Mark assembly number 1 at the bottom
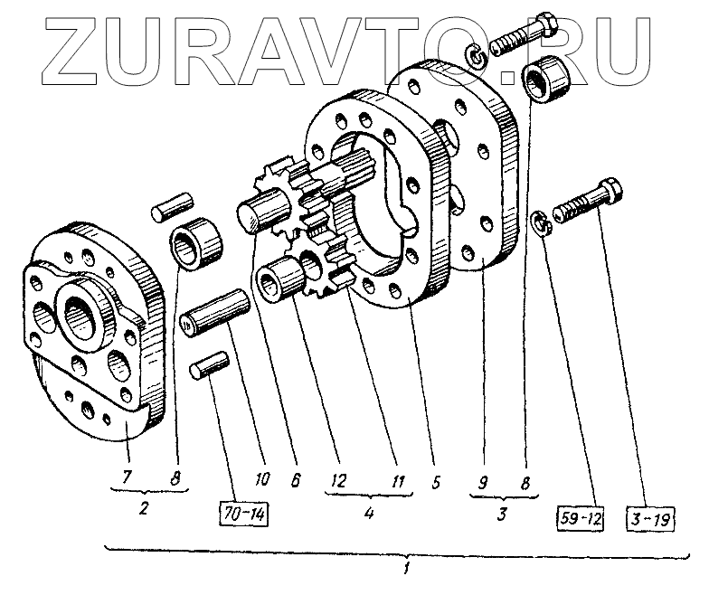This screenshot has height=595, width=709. click(409, 568)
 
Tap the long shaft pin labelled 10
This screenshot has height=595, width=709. click(214, 312)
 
